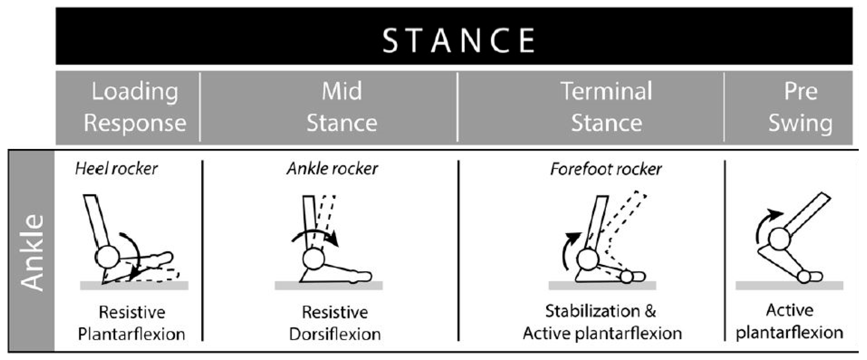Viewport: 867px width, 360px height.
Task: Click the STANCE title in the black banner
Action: (458, 40)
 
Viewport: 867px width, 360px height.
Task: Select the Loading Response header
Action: (134, 107)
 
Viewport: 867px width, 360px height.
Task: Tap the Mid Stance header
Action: (342, 107)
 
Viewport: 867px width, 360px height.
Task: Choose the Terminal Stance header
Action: (606, 107)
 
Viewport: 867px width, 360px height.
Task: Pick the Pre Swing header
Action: (801, 107)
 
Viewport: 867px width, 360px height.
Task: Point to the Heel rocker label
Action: (116, 169)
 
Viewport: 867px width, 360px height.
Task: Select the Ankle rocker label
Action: (332, 169)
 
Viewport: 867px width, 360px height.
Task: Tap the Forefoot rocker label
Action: (606, 169)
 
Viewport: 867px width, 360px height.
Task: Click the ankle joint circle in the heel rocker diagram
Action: (107, 257)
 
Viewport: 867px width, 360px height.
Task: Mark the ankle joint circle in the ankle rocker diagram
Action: (314, 259)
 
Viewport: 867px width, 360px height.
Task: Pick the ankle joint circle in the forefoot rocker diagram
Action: (588, 259)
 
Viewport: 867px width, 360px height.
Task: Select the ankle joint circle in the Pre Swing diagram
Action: (780, 239)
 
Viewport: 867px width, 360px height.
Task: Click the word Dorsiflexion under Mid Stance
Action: (335, 334)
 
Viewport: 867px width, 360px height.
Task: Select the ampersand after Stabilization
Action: (650, 311)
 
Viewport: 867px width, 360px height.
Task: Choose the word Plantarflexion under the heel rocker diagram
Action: (131, 334)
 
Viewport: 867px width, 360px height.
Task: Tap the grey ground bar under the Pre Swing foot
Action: (789, 286)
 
